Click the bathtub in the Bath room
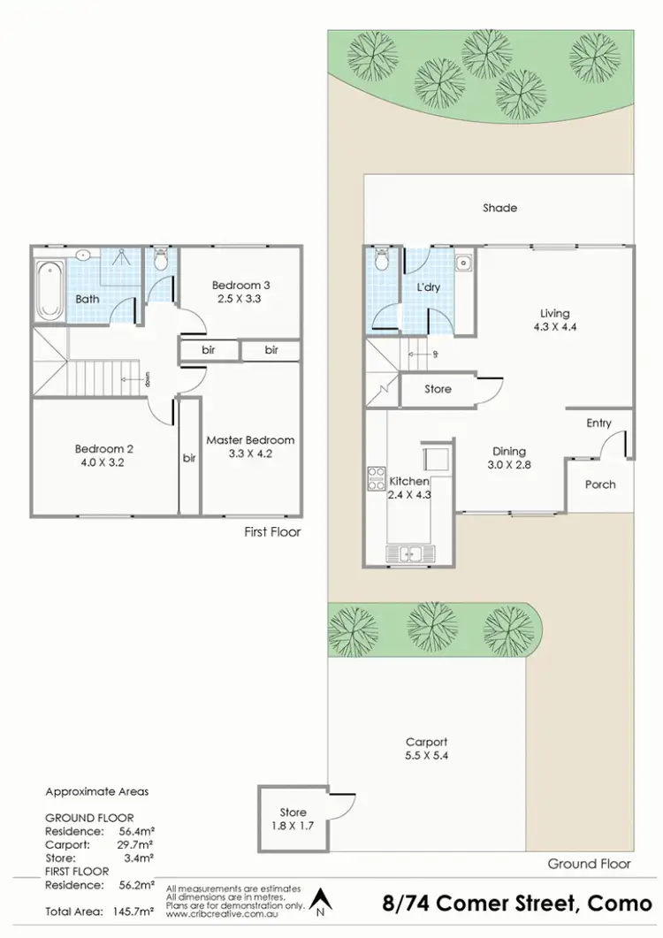tap(50, 288)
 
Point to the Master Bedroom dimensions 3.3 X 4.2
tap(250, 455)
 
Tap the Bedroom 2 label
tap(104, 448)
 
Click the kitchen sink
tap(411, 554)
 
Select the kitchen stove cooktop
tap(376, 478)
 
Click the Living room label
tap(555, 313)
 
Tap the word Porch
tap(600, 484)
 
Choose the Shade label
tap(499, 208)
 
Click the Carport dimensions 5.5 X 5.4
tap(426, 757)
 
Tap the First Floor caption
tap(272, 532)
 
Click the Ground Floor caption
tap(589, 864)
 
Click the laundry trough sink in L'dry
tap(463, 263)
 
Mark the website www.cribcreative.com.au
tap(228, 912)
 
